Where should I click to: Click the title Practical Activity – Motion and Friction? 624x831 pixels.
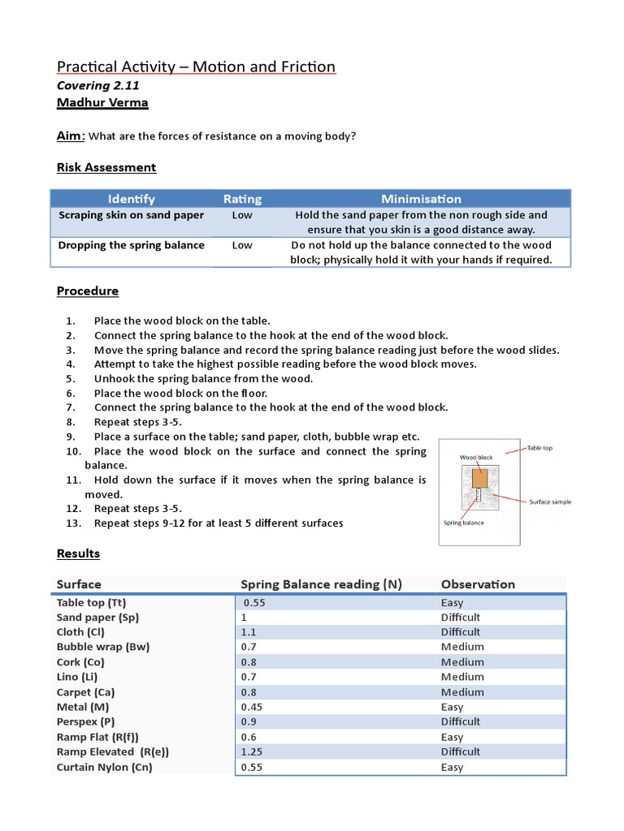coord(196,67)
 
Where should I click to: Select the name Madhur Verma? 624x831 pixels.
coord(102,103)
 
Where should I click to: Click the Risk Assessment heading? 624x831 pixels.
coord(106,167)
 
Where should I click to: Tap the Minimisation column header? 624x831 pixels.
coord(421,199)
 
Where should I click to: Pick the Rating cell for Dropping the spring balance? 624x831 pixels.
coord(242,245)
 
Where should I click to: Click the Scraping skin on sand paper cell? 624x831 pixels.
coord(131,215)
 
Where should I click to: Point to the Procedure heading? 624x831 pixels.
coord(88,291)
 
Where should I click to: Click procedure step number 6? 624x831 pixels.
coord(71,393)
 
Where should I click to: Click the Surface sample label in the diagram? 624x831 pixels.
coord(550,502)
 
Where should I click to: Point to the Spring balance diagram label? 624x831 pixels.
coord(463,523)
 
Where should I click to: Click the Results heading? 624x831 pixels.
coord(78,553)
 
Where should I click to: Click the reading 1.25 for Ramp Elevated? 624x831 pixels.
coord(253,751)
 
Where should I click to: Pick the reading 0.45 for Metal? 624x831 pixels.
coord(253,707)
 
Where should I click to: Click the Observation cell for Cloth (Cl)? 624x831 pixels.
coord(461,632)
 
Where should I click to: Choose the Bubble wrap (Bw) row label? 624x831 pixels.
coord(103,647)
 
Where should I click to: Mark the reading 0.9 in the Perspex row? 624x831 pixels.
coord(249,721)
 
